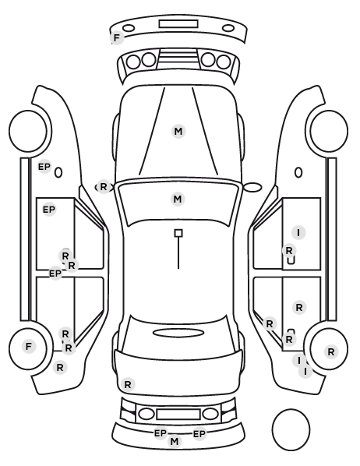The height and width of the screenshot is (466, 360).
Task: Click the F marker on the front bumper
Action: (117, 38)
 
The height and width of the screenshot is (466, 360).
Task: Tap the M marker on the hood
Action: (178, 131)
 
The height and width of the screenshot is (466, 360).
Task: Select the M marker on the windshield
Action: (178, 199)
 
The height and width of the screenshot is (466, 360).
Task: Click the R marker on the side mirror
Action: (103, 187)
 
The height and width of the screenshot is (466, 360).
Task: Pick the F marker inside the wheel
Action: (29, 346)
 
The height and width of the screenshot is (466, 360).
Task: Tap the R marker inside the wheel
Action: (331, 352)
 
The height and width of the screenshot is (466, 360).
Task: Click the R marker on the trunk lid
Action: (128, 385)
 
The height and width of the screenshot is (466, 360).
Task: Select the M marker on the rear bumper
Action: (175, 441)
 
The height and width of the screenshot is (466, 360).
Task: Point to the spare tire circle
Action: (291, 429)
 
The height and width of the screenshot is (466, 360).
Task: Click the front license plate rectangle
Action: (178, 24)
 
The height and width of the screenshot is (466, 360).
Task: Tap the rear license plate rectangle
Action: (178, 415)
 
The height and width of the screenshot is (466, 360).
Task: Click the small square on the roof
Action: (178, 233)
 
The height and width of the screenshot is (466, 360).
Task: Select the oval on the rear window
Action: (178, 333)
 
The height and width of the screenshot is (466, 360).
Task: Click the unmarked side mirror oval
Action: (252, 187)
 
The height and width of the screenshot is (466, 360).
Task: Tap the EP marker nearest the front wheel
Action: (44, 167)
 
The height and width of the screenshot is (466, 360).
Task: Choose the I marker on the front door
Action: (298, 232)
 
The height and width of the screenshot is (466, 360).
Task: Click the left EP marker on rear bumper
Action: (161, 433)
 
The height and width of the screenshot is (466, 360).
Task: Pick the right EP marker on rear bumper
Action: (199, 434)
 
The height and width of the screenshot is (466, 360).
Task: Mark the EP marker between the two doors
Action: (55, 273)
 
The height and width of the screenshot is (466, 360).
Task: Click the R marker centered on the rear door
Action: (299, 307)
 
